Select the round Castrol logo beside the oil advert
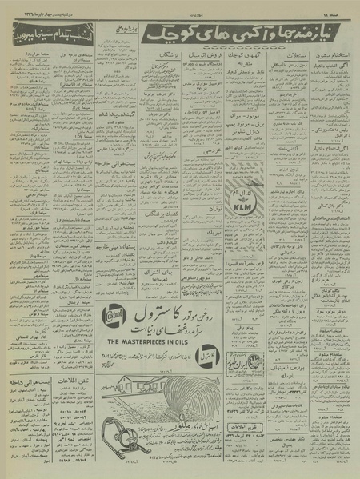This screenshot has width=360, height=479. click(118, 317)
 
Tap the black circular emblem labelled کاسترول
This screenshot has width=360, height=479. click(115, 350)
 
